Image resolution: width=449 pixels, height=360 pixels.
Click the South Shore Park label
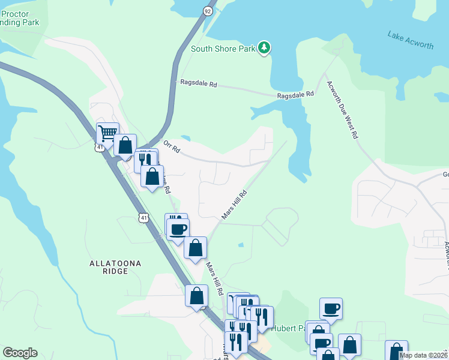[x=223, y=49]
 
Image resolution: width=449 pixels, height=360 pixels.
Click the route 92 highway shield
[x=207, y=11]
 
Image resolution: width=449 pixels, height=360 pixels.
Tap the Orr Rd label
[x=172, y=146]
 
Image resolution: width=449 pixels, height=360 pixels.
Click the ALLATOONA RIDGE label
[x=109, y=267]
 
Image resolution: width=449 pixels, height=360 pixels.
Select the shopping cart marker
[x=107, y=133]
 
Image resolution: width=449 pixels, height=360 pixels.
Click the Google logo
[x=20, y=353]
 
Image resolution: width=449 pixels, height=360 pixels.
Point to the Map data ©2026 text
[x=423, y=355]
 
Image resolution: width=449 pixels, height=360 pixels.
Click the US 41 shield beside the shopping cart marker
[x=98, y=146]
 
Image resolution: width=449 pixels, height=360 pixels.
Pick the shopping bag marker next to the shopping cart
[x=125, y=145]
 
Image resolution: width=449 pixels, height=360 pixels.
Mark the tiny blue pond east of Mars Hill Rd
[x=241, y=245]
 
